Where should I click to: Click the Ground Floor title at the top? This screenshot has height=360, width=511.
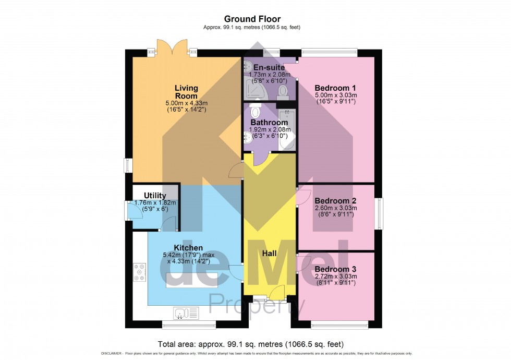pos(255,19)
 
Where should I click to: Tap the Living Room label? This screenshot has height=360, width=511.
pos(186,92)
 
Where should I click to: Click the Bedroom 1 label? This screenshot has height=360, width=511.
pos(335,88)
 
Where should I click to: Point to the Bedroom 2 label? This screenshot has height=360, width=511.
pos(335,201)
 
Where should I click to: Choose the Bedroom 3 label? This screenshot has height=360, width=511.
pos(335,269)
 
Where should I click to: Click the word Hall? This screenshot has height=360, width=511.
pos(270,253)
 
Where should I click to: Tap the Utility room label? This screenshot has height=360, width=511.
pos(155,196)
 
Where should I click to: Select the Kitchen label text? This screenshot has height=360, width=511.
pos(188,248)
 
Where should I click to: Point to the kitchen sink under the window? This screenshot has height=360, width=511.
pos(187,313)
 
